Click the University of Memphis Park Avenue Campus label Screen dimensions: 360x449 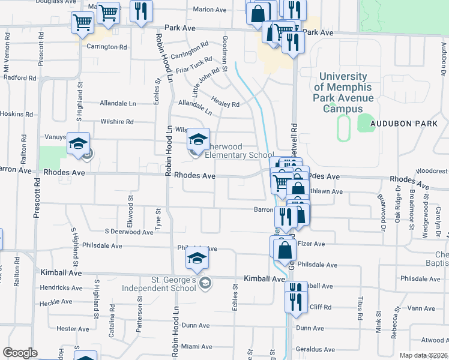(344, 93)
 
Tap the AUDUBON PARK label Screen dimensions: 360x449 (402, 122)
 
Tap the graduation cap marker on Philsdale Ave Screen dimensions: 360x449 (196, 259)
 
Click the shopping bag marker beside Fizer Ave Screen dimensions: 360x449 (285, 250)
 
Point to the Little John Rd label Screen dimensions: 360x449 (206, 83)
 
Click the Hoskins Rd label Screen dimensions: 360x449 (16, 114)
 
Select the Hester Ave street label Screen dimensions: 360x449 (73, 329)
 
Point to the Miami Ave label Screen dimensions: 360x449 (197, 347)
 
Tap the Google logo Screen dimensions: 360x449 (20, 353)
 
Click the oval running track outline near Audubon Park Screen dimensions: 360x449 (343, 128)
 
